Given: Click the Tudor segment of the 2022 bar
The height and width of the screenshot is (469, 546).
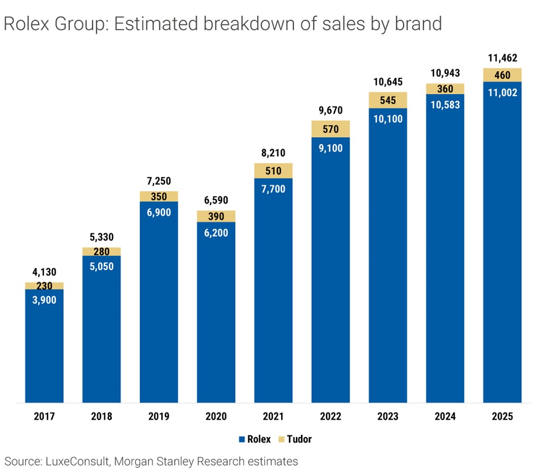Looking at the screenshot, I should (330, 129).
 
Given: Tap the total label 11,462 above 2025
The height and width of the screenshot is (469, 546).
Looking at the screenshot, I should (502, 58).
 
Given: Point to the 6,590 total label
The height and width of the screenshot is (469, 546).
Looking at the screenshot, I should (216, 200).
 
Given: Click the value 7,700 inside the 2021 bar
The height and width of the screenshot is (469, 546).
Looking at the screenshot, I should (273, 190).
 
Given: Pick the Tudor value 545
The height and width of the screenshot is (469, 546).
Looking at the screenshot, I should (388, 100).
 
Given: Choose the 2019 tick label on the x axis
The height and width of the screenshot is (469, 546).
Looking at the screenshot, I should (159, 417).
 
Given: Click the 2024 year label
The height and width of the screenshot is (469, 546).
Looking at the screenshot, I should (445, 417).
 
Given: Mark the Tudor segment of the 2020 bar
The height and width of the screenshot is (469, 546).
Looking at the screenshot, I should (216, 216).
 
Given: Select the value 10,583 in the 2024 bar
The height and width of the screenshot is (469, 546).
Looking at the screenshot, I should (445, 105).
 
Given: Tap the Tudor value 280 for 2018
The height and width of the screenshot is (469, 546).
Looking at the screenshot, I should (102, 252).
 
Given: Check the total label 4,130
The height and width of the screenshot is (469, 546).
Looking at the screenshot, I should (44, 273).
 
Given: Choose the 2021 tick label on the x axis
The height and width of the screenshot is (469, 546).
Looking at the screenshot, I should (273, 417).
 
